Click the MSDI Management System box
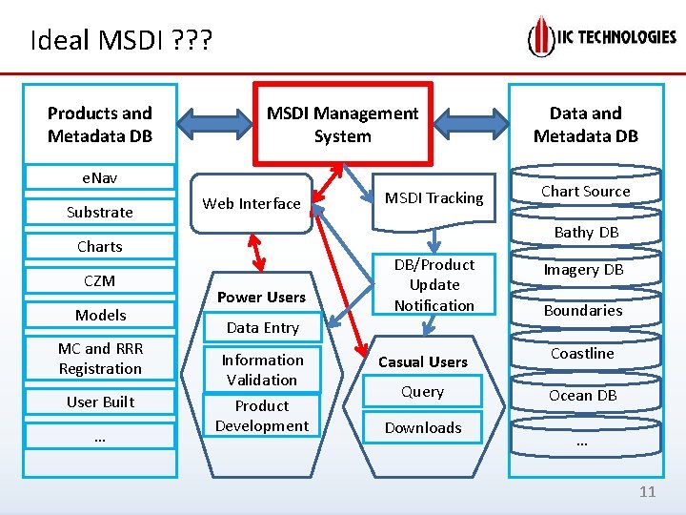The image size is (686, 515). click(x=342, y=124)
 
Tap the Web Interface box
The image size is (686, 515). click(x=252, y=203)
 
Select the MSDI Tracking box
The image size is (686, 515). click(x=434, y=198)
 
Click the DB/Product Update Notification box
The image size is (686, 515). click(x=434, y=284)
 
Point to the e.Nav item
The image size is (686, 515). click(x=100, y=177)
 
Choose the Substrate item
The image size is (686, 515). click(x=100, y=212)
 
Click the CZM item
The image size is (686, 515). click(x=100, y=280)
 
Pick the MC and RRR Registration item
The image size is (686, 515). click(x=100, y=359)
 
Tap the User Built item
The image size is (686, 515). click(x=100, y=402)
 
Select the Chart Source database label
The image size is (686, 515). click(x=585, y=191)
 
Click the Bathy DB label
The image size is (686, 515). click(x=586, y=232)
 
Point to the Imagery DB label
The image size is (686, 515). click(x=583, y=270)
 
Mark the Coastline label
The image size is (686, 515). click(x=582, y=353)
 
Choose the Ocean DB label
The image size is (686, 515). click(x=582, y=395)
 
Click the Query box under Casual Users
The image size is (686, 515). click(x=422, y=392)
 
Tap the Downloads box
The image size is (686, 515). click(x=422, y=427)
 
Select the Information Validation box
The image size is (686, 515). click(x=262, y=369)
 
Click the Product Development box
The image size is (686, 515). click(x=262, y=416)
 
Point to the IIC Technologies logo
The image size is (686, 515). click(x=602, y=37)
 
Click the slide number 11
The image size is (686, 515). click(x=648, y=492)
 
